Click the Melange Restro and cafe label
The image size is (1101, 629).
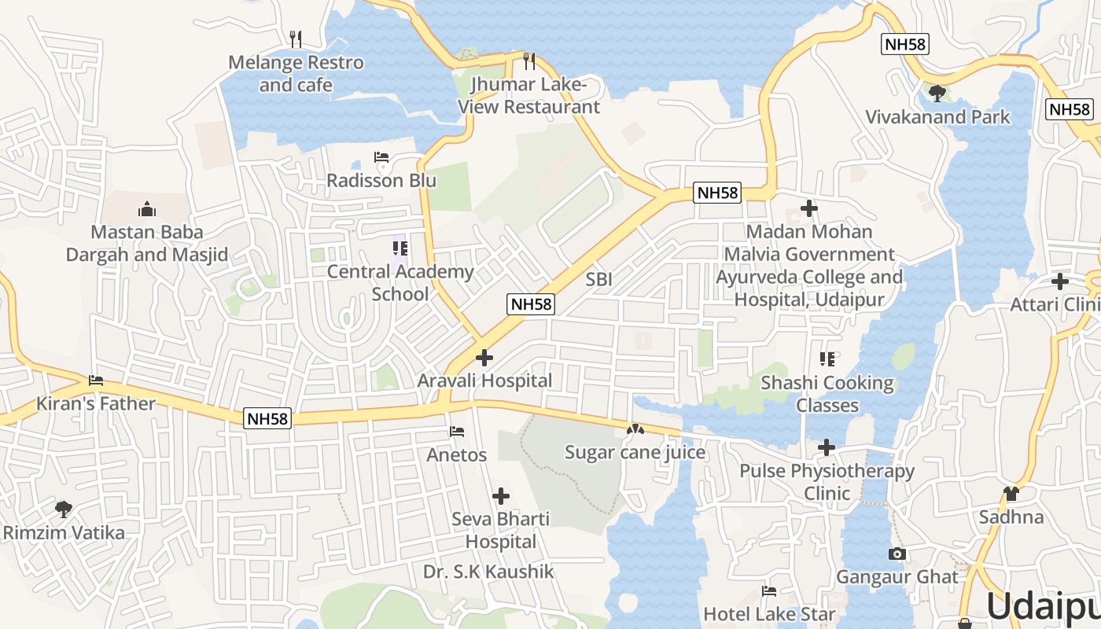point(296,74)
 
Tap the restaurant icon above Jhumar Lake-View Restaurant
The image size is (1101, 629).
point(529,61)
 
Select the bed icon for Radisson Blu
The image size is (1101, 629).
point(381,158)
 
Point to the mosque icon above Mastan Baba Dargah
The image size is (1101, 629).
point(146,209)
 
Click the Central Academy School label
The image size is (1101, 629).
point(400,283)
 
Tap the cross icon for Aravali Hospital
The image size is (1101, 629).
point(484,358)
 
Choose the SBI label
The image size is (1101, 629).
point(598,279)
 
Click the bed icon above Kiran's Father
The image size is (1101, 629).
point(96,381)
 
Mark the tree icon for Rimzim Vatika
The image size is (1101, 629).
point(64,509)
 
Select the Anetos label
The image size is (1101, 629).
point(457,454)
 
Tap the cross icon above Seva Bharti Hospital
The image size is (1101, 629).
point(501,496)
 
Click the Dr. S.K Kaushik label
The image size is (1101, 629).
point(488,572)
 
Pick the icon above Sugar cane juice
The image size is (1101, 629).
point(635,429)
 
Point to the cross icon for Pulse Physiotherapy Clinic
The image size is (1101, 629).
point(827,447)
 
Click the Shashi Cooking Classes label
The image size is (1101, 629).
point(827,394)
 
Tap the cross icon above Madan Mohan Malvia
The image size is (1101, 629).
point(809,208)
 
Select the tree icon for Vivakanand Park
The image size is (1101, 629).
point(937,94)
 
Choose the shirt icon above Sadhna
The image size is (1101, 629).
point(1011,494)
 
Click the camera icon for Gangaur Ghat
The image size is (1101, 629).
point(897,554)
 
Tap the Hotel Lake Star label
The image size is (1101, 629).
point(769,613)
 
